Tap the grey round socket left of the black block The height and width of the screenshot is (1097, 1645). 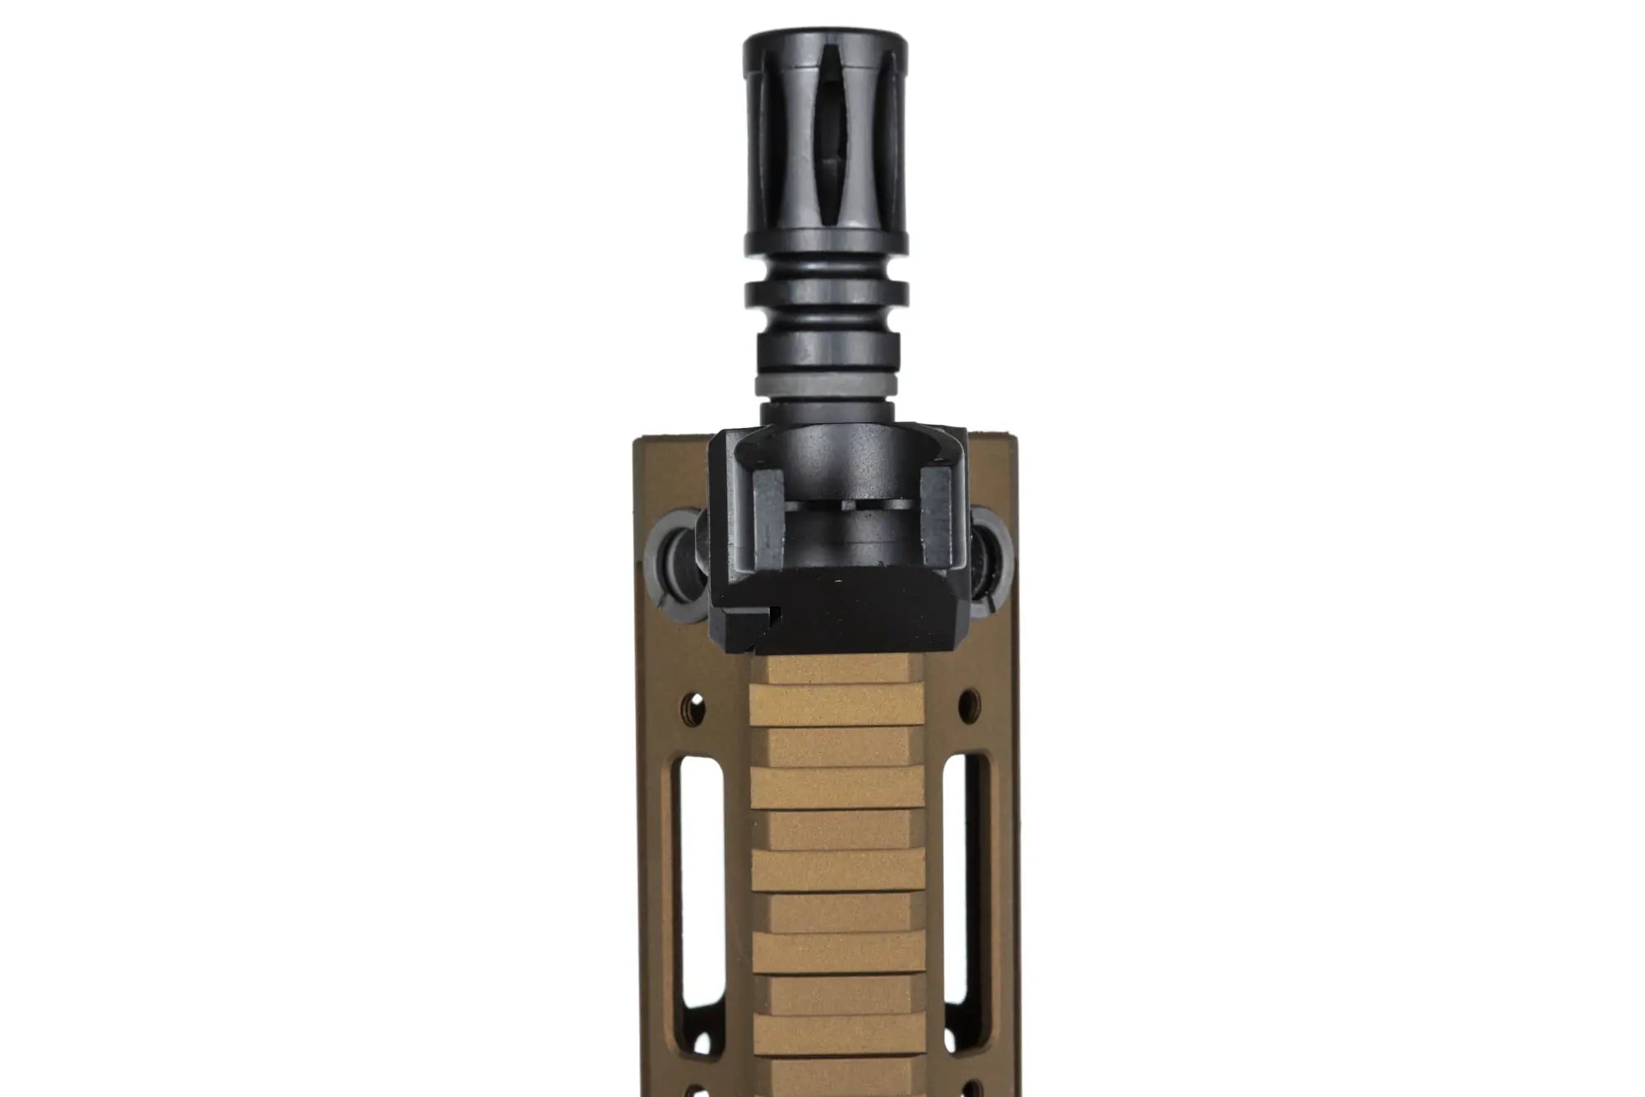point(674,555)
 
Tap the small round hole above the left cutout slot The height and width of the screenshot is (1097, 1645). point(696,704)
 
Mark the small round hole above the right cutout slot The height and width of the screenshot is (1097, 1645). point(970,702)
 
